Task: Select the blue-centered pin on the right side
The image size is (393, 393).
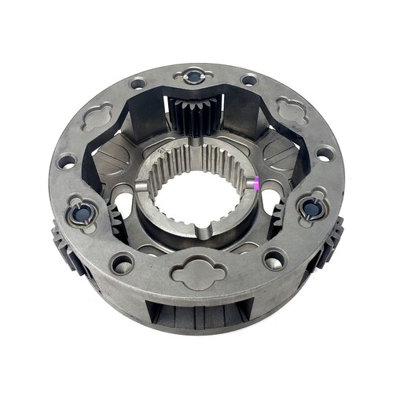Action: (x=311, y=208)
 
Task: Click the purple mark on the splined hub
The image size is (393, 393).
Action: (x=255, y=185)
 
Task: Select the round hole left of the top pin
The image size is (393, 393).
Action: (x=138, y=83)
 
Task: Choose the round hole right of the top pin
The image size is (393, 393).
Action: (x=249, y=79)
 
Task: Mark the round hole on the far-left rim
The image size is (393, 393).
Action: (x=66, y=162)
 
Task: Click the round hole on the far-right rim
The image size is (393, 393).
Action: (x=325, y=154)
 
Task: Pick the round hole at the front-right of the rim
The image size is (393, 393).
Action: (x=274, y=257)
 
